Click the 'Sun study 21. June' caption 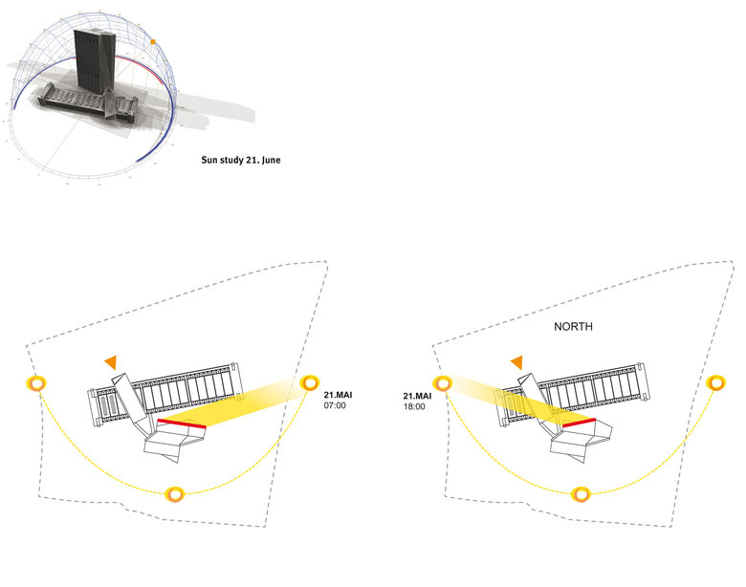click(240, 161)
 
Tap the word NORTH click(574, 327)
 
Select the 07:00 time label click(334, 406)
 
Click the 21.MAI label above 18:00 click(418, 395)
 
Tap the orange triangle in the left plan click(111, 361)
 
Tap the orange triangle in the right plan click(517, 361)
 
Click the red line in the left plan click(181, 421)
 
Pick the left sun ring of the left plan click(36, 384)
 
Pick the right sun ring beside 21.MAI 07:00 click(309, 382)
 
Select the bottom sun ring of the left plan click(174, 494)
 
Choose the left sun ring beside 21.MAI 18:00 click(443, 384)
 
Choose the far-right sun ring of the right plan click(716, 382)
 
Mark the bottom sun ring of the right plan click(580, 494)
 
